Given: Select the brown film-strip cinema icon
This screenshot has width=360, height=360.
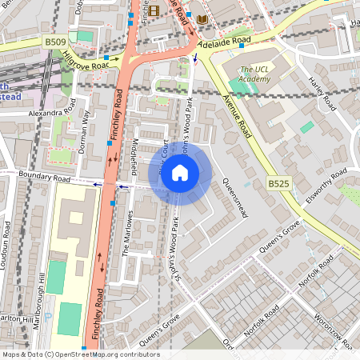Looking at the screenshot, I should (154, 10).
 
